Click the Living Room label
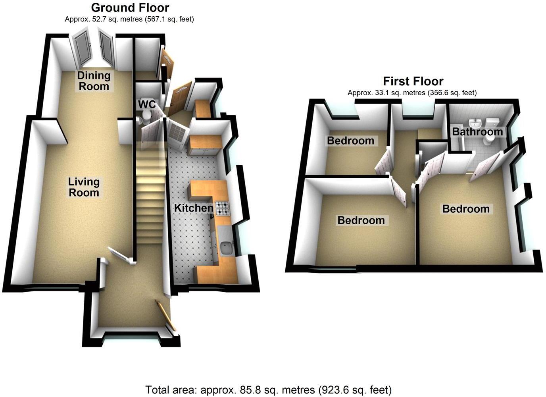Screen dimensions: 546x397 (x=84, y=187)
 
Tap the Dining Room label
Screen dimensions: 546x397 (x=93, y=81)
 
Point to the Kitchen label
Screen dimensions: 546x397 (x=194, y=208)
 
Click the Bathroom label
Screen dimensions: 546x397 (x=477, y=131)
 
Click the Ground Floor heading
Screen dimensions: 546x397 (x=130, y=8)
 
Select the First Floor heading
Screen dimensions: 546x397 (x=413, y=81)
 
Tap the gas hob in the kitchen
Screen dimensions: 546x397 (x=223, y=208)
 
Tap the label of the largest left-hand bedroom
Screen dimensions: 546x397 (x=361, y=220)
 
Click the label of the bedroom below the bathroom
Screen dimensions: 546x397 (x=466, y=209)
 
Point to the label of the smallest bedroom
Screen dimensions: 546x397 (x=350, y=141)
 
